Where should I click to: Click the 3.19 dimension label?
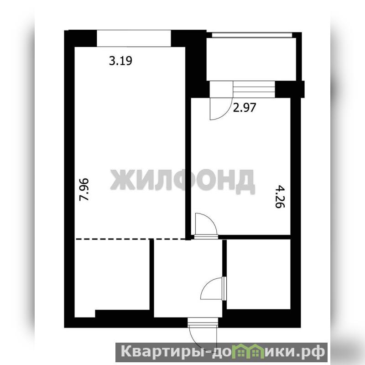[x=120, y=61]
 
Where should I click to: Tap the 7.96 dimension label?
[x=84, y=189]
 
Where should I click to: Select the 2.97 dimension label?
[x=245, y=108]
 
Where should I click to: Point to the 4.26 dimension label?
[x=280, y=197]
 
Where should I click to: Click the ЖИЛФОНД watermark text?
[x=182, y=181]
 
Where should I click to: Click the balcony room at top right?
[x=251, y=59]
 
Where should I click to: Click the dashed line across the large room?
[x=130, y=239]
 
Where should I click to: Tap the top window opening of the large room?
[x=134, y=38]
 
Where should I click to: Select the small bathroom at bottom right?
[x=259, y=275]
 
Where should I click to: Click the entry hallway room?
[x=188, y=278]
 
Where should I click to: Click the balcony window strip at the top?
[x=252, y=35]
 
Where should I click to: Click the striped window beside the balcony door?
[x=254, y=89]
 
